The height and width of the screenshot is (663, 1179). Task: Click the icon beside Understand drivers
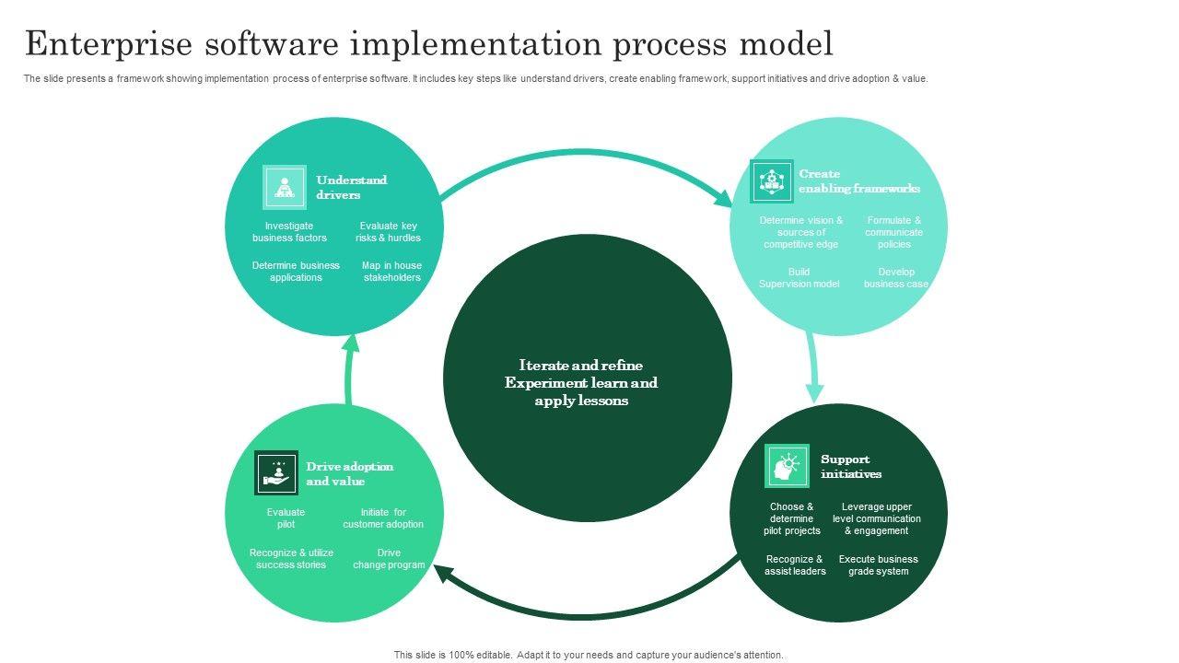(285, 187)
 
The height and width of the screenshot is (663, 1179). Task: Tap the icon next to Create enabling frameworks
(771, 181)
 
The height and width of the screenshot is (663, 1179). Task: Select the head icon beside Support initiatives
(787, 466)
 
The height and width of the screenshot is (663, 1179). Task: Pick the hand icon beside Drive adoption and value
(276, 473)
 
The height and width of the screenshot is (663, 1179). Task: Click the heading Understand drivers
(351, 187)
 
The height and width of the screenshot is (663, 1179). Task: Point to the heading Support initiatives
(850, 466)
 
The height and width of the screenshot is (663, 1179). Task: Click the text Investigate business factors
(289, 232)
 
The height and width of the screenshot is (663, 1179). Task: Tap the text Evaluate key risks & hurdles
(388, 232)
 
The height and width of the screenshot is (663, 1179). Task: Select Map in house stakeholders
(391, 272)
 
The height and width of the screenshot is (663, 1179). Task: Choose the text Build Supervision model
(799, 278)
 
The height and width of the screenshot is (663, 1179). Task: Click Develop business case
(895, 278)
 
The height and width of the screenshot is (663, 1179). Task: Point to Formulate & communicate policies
(893, 232)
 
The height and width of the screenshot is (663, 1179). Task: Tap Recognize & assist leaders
(795, 565)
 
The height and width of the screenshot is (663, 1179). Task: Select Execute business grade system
(878, 565)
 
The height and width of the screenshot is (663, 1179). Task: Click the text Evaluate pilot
(286, 518)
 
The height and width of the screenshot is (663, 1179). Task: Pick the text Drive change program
(389, 559)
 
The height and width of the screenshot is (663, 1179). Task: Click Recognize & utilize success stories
(291, 559)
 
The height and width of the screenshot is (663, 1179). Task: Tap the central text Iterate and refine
(580, 366)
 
